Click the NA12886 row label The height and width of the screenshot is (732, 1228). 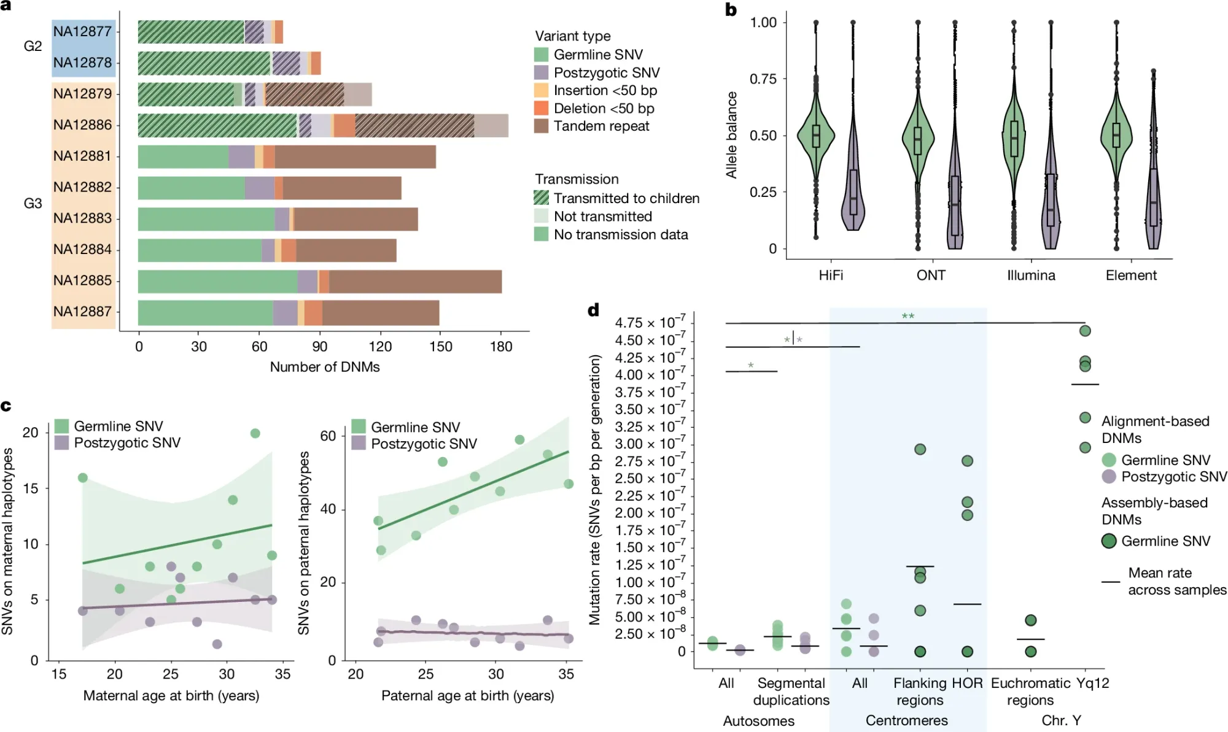[82, 125]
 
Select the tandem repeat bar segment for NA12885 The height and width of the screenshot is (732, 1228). [415, 282]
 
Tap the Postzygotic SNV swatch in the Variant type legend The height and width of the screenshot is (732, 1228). [541, 72]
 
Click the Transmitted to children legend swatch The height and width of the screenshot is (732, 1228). [541, 198]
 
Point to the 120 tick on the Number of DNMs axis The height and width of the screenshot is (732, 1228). [380, 347]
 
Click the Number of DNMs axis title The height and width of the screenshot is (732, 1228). [325, 367]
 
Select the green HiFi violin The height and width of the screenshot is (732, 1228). [816, 136]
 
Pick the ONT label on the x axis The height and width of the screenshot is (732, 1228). [931, 275]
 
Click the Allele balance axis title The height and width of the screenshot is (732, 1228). [731, 135]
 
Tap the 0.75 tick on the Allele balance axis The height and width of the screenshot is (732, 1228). [763, 79]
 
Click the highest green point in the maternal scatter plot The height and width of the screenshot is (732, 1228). [255, 433]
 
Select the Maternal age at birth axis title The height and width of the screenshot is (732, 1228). [171, 696]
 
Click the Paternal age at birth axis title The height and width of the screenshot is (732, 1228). [468, 696]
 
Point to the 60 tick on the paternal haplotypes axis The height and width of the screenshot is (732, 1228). [328, 436]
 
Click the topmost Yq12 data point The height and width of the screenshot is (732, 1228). [1085, 331]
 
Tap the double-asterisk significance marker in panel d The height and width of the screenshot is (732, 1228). [907, 317]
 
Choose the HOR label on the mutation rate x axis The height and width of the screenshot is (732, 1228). [967, 684]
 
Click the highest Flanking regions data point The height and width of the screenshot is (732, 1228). [920, 449]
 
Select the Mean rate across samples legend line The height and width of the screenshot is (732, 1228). [1111, 581]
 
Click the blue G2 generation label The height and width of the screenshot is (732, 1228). [33, 47]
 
